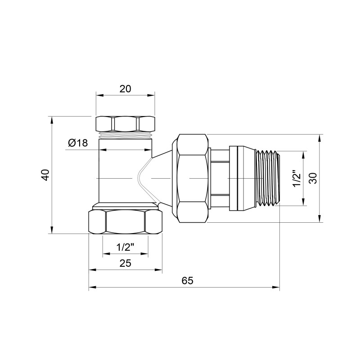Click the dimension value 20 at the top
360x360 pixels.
[x=125, y=89]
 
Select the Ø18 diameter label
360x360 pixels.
[x=77, y=143]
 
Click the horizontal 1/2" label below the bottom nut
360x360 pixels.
[x=125, y=247]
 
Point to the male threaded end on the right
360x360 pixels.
[x=269, y=178]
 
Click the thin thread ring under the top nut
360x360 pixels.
[x=125, y=134]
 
